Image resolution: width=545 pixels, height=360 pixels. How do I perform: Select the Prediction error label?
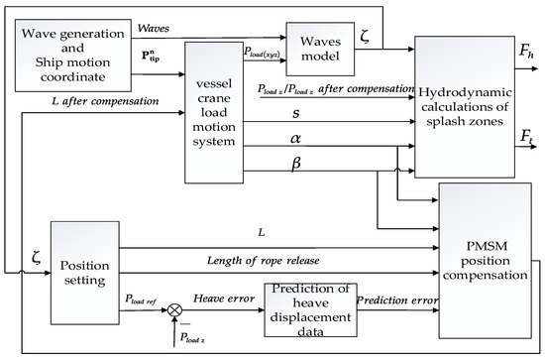coord(394,299)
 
